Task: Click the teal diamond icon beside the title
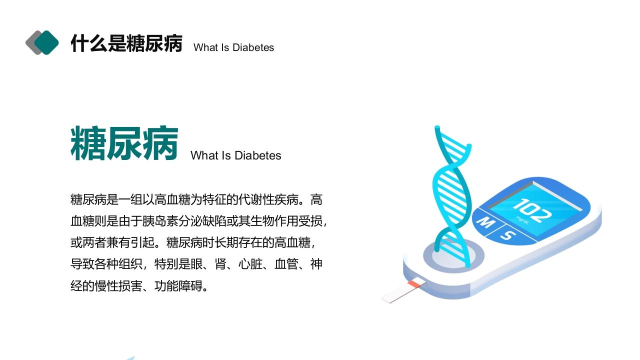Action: [47, 42]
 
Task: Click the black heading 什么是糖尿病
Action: [126, 43]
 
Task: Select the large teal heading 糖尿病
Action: [124, 144]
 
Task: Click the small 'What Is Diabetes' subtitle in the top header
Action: [233, 47]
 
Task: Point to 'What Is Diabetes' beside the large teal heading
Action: [235, 155]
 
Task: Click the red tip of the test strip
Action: [414, 284]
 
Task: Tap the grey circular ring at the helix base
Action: [453, 256]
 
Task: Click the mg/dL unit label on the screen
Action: [523, 218]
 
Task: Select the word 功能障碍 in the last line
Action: [178, 286]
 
